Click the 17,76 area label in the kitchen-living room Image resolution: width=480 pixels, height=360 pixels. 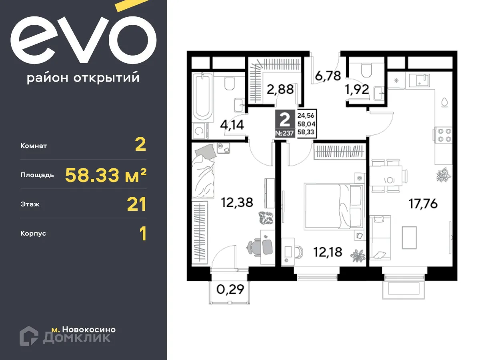coord(423,204)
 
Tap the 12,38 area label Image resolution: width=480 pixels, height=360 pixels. coord(238,203)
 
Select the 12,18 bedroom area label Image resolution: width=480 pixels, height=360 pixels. coord(328,252)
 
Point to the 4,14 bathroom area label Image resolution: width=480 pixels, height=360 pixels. coord(232,125)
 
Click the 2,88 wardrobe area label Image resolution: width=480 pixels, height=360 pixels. coord(280,89)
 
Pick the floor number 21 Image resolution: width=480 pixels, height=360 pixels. coord(136,204)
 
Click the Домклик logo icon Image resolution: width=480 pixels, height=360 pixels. coord(29,336)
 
